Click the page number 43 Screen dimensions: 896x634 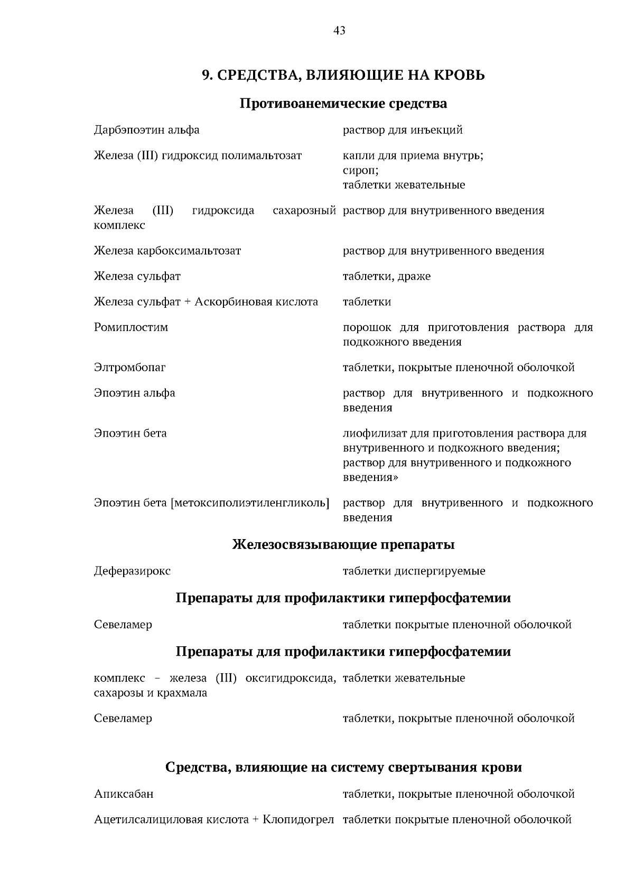point(339,31)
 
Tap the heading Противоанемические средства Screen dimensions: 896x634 point(343,103)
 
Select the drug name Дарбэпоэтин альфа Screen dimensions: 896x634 point(146,130)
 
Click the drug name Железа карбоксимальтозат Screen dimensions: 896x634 point(167,251)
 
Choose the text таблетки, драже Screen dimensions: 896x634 point(386,276)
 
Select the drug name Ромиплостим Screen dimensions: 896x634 point(130,327)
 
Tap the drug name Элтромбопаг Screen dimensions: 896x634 point(129,367)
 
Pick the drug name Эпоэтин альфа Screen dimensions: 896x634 point(134,393)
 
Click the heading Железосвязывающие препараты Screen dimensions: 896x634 point(343,544)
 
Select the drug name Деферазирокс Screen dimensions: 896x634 point(132,571)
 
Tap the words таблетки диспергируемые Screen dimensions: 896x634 point(414,571)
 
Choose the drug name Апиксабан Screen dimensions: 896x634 point(124,794)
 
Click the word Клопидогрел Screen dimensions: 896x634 point(299,820)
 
